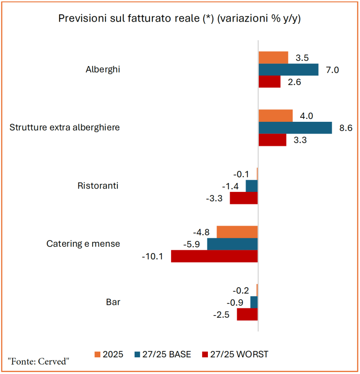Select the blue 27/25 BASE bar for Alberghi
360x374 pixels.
(288, 70)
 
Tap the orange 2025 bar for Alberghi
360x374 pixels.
(273, 58)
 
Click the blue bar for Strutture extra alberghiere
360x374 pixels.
(295, 128)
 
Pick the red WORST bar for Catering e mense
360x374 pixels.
(214, 256)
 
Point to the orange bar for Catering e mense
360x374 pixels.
(237, 232)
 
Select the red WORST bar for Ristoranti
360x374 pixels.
(243, 198)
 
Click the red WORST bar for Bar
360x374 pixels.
(247, 314)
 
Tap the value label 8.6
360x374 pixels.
(346, 128)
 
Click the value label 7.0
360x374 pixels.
(332, 70)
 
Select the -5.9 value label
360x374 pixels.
(193, 245)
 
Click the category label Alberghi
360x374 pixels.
(103, 70)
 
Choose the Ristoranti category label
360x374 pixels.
(98, 186)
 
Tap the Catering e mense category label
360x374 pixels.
(83, 244)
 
